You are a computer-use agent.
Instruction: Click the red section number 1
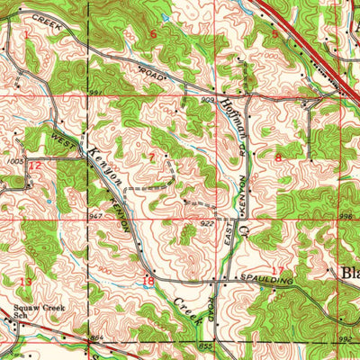27,33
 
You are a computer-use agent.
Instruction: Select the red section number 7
152,157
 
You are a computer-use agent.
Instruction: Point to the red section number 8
278,157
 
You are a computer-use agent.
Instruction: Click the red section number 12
34,166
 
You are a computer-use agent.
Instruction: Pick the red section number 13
25,282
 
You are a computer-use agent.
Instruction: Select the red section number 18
149,281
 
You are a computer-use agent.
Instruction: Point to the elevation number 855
206,345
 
